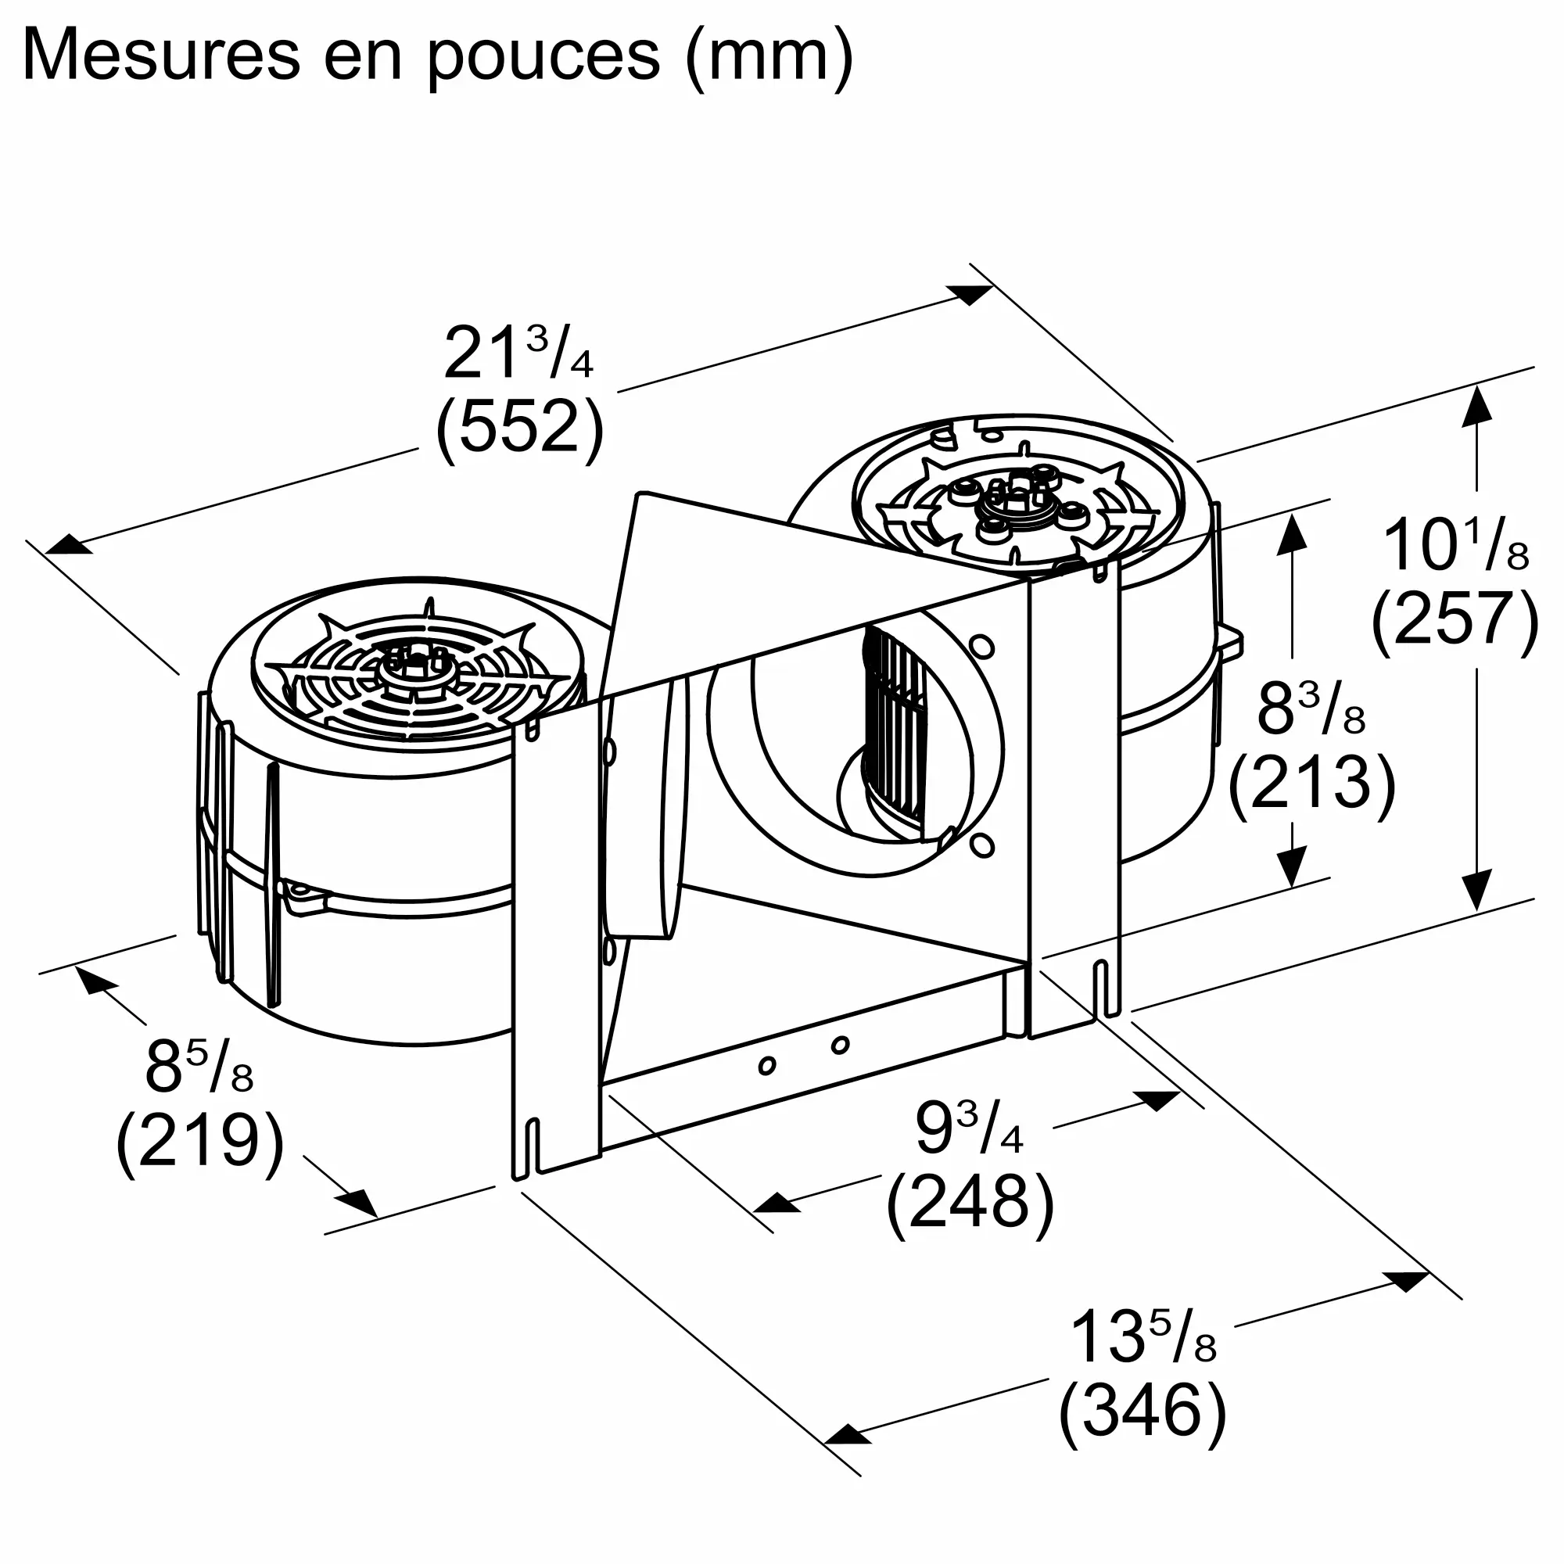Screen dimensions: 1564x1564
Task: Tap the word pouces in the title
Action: [x=543, y=56]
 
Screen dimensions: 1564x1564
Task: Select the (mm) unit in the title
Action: [x=768, y=56]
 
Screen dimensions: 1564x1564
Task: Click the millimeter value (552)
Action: [x=520, y=427]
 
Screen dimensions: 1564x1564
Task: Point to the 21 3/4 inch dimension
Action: [x=518, y=354]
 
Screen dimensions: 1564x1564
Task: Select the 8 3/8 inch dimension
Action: [x=1311, y=710]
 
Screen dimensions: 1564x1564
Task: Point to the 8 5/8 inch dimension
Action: [x=199, y=1067]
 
